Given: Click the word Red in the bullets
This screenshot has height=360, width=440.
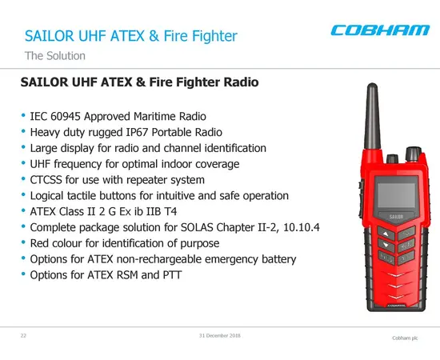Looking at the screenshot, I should [42, 243].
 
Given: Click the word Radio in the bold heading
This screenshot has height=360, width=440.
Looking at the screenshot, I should [234, 82].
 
